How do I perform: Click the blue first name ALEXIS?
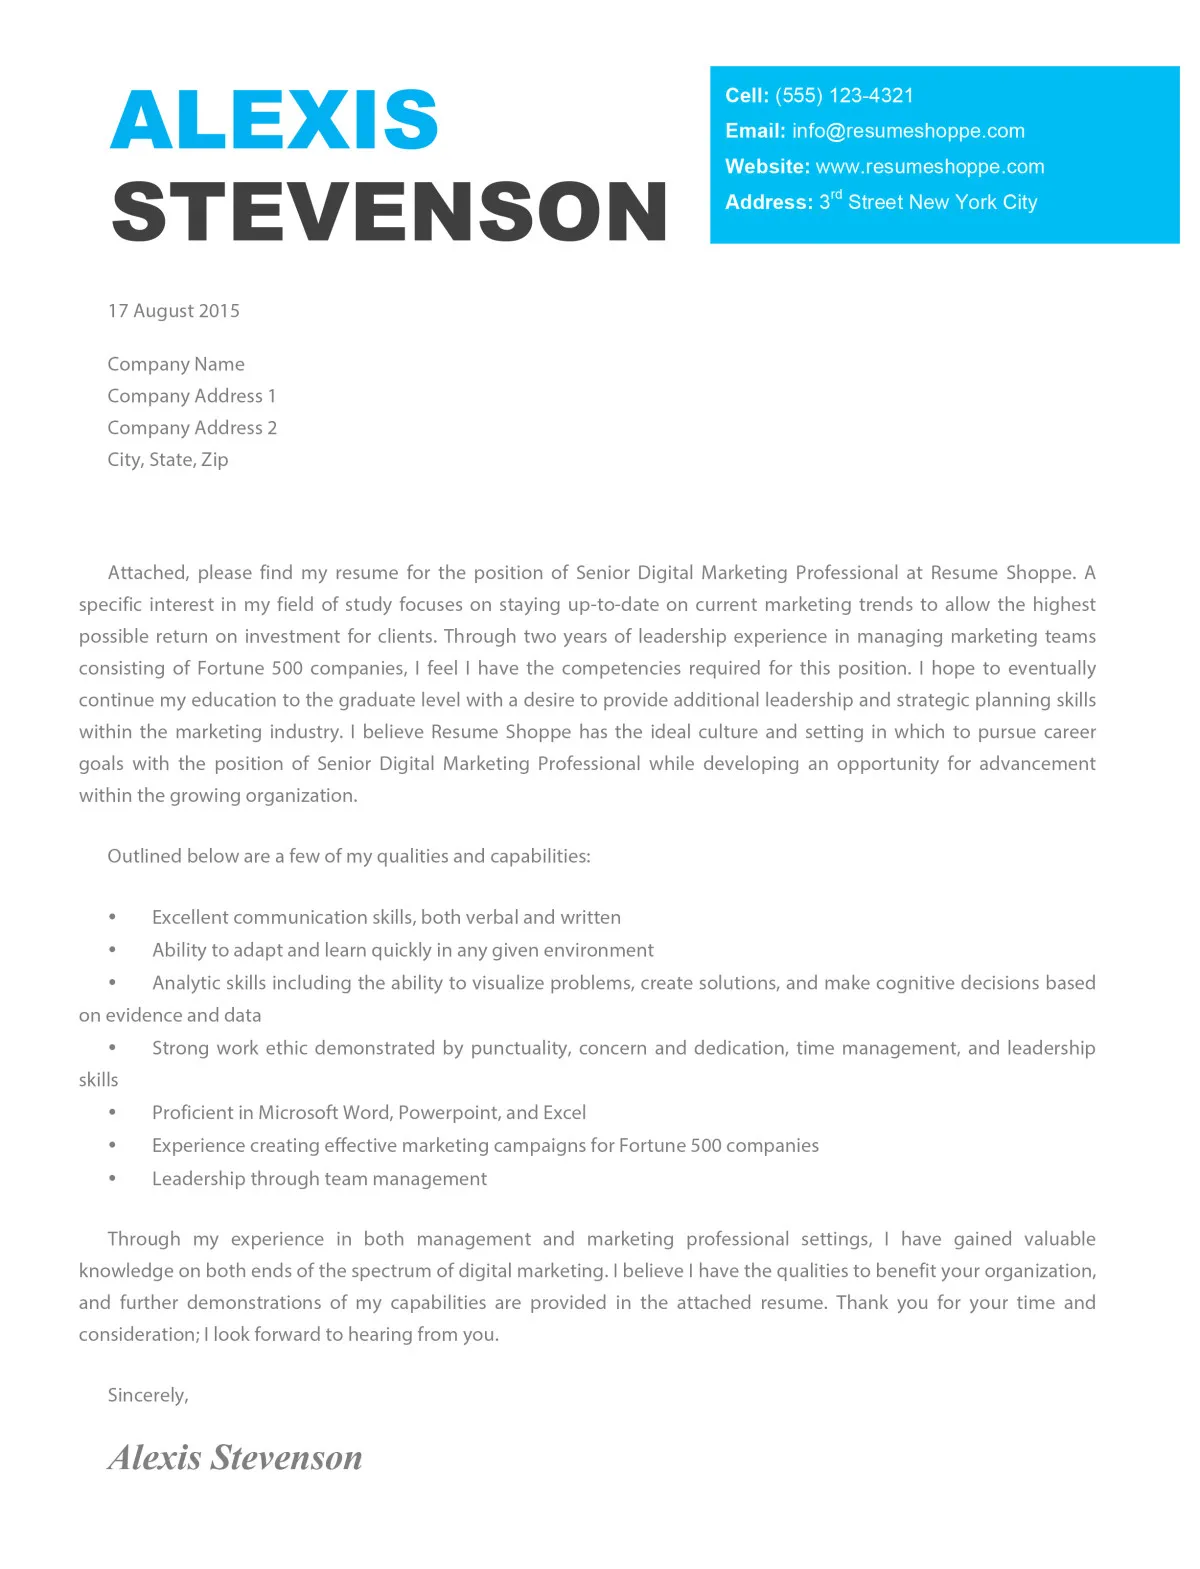[x=273, y=120]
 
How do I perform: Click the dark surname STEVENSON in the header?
[x=389, y=212]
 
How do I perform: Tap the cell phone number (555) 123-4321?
[x=844, y=96]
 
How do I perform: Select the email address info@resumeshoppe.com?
[x=908, y=131]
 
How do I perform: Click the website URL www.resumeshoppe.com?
[x=929, y=167]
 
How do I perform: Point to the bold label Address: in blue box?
[x=768, y=203]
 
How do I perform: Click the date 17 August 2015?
[x=174, y=311]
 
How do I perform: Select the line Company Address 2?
[x=192, y=428]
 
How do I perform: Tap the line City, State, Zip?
[x=168, y=460]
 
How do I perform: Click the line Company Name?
[x=176, y=364]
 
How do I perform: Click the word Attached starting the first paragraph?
[x=146, y=573]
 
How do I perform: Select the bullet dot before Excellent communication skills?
[x=113, y=917]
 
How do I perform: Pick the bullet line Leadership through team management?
[x=319, y=1179]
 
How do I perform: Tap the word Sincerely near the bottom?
[x=147, y=1395]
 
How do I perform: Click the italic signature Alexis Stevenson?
[x=235, y=1458]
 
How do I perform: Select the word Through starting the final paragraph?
[x=144, y=1239]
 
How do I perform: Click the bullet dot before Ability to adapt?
[x=113, y=950]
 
